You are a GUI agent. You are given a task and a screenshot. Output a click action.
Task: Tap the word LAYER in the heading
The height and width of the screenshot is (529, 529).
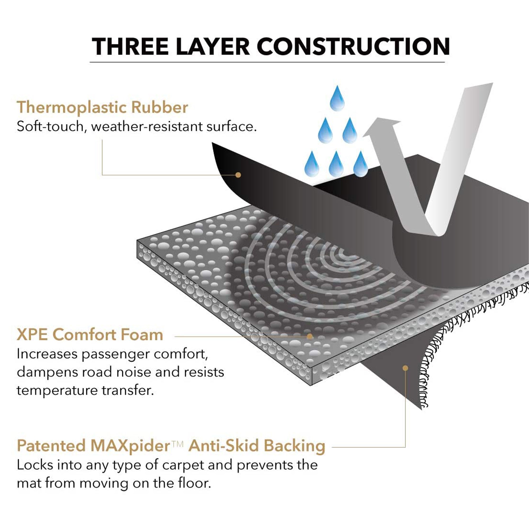(212, 46)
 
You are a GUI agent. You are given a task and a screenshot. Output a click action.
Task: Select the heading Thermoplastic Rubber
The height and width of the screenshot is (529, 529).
(102, 107)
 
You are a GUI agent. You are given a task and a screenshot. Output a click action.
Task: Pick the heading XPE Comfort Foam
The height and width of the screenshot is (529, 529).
(90, 335)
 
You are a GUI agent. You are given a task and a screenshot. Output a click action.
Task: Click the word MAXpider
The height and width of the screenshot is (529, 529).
(130, 445)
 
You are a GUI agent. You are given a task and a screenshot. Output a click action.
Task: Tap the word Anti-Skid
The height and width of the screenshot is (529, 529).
(223, 445)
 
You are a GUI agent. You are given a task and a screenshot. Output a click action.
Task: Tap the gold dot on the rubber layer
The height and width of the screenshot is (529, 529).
(238, 175)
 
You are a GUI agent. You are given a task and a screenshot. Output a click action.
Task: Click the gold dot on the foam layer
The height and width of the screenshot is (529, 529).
(310, 336)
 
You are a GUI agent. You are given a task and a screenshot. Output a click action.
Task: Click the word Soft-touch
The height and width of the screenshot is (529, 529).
(50, 126)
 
